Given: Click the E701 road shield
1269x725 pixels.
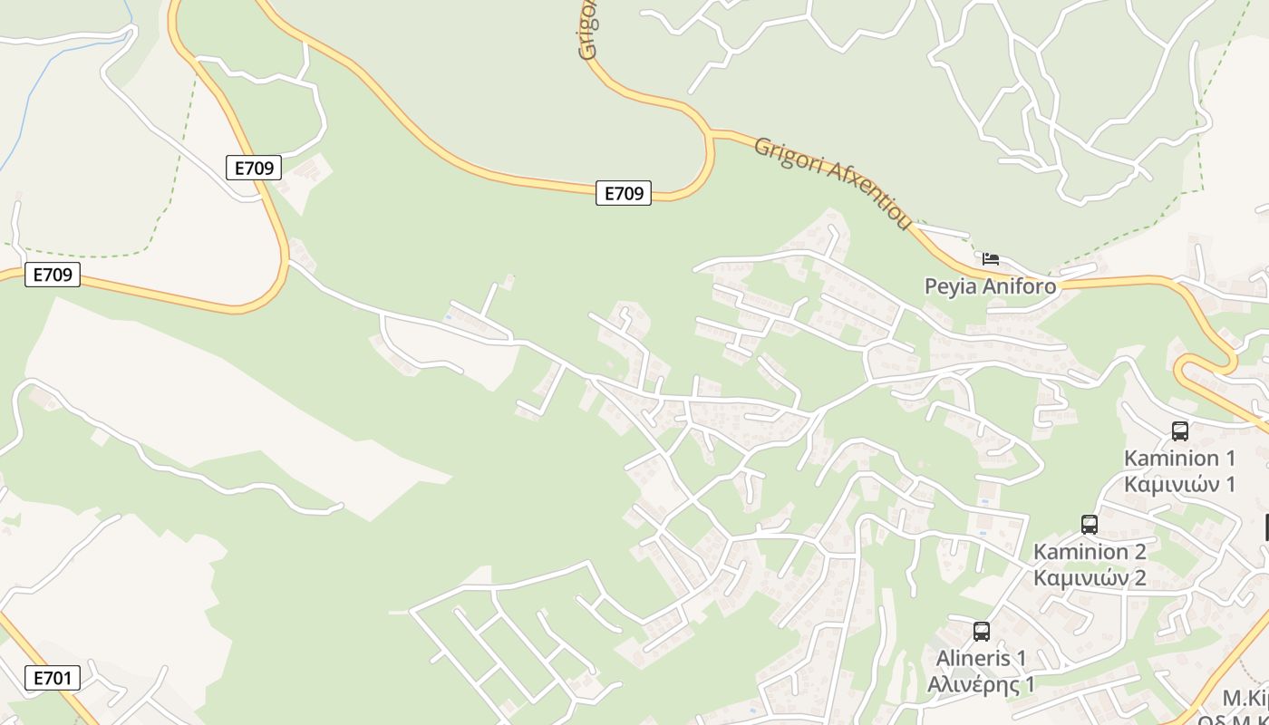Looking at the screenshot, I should coord(52,678).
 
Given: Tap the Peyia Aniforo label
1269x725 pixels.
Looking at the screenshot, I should coord(990,286).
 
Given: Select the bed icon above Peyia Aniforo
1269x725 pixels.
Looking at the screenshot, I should coord(991,259).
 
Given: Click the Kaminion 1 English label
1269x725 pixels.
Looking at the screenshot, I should coord(1179,458).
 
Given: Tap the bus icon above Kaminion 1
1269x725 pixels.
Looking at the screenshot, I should coord(1179,431).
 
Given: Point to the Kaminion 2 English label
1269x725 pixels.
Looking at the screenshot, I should coord(1090,551).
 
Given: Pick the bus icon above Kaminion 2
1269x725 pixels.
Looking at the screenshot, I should coord(1090,524).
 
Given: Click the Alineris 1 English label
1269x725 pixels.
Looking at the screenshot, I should coord(981,658).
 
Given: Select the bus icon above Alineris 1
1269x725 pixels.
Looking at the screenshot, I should coord(981,632).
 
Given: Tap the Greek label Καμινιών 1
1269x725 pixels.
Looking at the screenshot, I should coord(1179,484).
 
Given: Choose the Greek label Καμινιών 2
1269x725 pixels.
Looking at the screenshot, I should coord(1090,577).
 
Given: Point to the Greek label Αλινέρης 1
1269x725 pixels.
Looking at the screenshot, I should coord(981,684).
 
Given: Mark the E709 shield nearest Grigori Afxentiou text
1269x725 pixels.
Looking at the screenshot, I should coord(624,193).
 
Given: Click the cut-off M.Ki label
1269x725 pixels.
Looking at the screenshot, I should coord(1244,698).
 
